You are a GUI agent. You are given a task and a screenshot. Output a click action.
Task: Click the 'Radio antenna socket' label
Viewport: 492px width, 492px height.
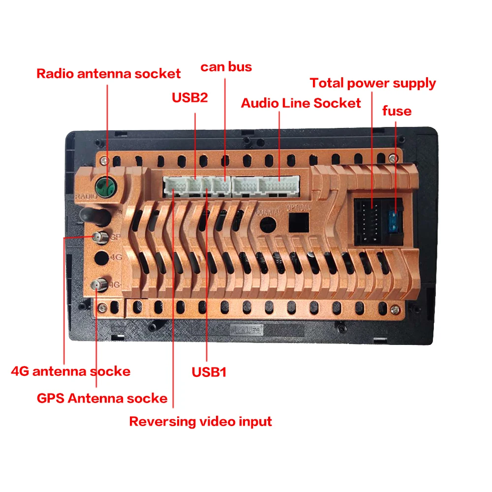coord(109,74)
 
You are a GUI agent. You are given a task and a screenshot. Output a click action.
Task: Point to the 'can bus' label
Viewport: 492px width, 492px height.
coord(226,66)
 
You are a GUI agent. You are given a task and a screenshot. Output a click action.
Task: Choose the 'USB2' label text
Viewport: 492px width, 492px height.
coord(189,97)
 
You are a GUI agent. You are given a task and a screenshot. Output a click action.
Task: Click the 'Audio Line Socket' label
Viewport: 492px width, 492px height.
coord(301,103)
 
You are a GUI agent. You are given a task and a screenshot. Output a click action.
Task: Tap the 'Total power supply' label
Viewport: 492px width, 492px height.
coord(372,83)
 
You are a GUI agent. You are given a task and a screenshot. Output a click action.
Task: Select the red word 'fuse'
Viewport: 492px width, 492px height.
coord(397,111)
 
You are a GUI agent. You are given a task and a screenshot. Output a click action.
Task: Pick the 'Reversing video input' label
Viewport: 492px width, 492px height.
coord(200,422)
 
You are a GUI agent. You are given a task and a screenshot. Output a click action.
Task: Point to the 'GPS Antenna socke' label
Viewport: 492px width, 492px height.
coord(102,398)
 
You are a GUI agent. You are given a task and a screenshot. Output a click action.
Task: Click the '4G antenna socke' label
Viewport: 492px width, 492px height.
coord(70,371)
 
